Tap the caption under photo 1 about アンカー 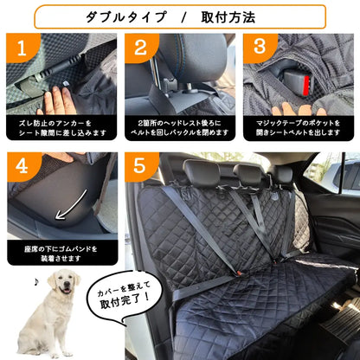click(x=62, y=129)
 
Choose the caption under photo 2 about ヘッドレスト click(x=180, y=129)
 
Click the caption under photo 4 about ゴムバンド click(x=62, y=253)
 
